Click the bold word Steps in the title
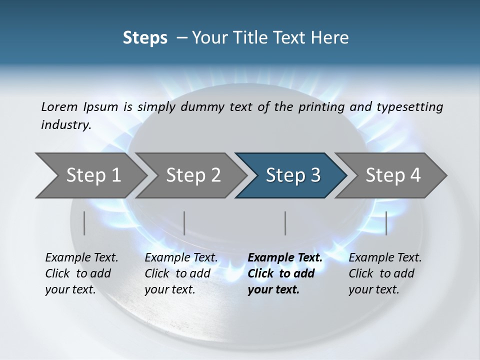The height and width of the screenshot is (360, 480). pos(145,38)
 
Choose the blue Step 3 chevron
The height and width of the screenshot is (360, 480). pos(293,175)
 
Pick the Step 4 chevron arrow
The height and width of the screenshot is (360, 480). pos(393,175)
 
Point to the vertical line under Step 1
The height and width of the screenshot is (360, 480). pos(84,223)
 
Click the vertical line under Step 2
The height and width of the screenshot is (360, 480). pos(184,223)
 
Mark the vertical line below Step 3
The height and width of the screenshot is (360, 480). pos(285,223)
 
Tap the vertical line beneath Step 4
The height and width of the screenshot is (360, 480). pos(386,223)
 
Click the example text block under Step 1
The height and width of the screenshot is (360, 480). pos(81,273)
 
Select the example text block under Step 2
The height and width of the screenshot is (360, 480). pos(181,273)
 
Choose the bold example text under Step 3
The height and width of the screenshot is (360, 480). pos(285,273)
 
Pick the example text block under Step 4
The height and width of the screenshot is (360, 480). pos(385,273)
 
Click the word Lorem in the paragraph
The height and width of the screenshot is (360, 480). pos(59,106)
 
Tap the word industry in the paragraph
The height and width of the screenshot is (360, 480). pos(66,125)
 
